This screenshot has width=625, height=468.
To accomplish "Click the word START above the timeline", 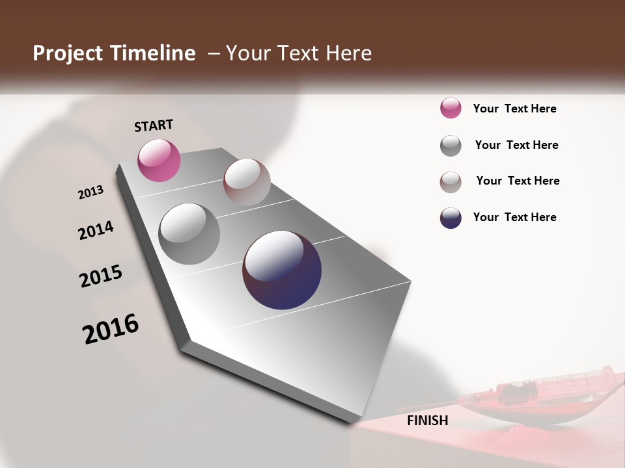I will pyautogui.click(x=154, y=125).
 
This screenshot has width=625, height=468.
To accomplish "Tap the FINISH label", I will pyautogui.click(x=428, y=421).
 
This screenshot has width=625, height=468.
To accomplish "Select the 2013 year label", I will pyautogui.click(x=90, y=192).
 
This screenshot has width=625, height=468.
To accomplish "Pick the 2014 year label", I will pyautogui.click(x=96, y=231).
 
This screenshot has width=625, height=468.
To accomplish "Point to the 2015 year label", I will pyautogui.click(x=101, y=276).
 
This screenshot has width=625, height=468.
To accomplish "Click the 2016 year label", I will pyautogui.click(x=111, y=329).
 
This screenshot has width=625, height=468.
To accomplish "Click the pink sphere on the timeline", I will pyautogui.click(x=159, y=160).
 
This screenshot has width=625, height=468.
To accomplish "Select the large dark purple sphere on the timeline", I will pyautogui.click(x=282, y=270).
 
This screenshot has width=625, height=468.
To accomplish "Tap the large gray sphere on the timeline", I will pyautogui.click(x=189, y=233).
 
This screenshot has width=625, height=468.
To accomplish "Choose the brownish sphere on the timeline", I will pyautogui.click(x=247, y=182).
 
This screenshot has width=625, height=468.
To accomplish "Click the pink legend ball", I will pyautogui.click(x=451, y=108).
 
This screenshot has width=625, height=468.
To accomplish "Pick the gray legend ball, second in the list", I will pyautogui.click(x=451, y=146).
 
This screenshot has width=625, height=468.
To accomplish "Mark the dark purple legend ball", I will pyautogui.click(x=451, y=218).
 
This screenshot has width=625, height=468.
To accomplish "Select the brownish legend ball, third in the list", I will pyautogui.click(x=451, y=182).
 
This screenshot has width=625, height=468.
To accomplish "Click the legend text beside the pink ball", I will pyautogui.click(x=514, y=109).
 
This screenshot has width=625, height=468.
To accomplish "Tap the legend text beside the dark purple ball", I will pyautogui.click(x=514, y=217).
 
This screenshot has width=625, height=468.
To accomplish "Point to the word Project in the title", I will pyautogui.click(x=68, y=53).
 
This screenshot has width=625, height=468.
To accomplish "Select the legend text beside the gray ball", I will pyautogui.click(x=516, y=145).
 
